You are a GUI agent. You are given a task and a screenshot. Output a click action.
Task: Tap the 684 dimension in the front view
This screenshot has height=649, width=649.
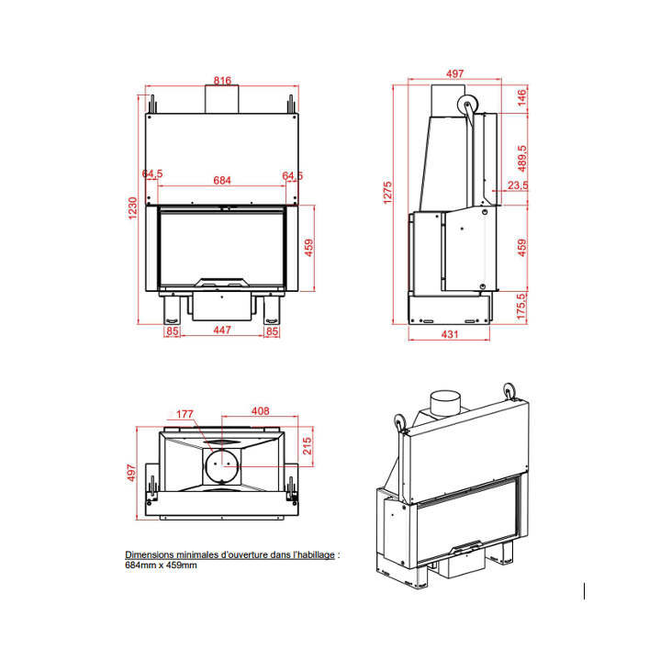click(221, 181)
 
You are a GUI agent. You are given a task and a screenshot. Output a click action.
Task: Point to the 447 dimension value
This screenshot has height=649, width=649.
click(221, 330)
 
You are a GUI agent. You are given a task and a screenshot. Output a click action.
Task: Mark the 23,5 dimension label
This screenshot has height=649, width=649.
click(518, 185)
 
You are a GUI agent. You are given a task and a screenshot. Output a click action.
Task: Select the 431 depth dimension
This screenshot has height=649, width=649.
click(449, 334)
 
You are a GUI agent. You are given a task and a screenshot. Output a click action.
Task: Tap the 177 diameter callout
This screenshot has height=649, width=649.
click(185, 414)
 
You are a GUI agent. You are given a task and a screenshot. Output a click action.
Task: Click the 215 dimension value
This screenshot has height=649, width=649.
click(308, 447)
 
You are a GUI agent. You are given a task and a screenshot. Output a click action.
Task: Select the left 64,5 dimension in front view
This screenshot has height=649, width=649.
click(152, 174)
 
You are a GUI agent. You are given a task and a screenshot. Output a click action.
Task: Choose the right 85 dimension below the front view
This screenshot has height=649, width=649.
click(271, 330)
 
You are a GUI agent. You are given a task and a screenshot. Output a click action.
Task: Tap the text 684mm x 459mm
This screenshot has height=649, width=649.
click(161, 565)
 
